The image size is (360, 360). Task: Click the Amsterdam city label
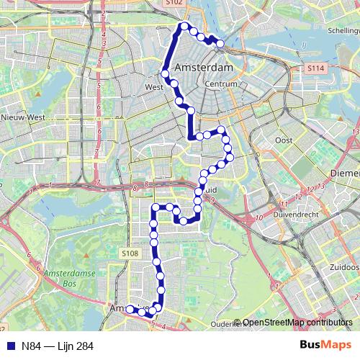204,67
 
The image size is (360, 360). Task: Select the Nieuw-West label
22,117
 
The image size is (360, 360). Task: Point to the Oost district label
283,140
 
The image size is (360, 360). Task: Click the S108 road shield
130,253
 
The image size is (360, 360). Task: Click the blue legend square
9,346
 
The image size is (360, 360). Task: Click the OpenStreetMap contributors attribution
297,323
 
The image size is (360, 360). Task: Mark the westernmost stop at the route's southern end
130,310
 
